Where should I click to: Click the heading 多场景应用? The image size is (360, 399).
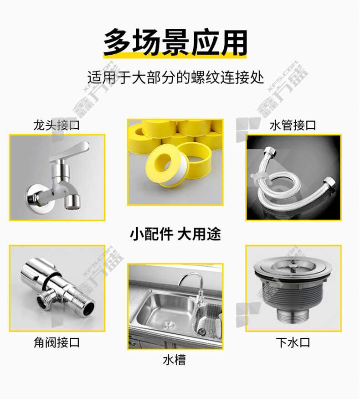pyautogui.click(x=175, y=42)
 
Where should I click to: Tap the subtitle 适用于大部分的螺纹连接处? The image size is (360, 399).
pyautogui.click(x=175, y=78)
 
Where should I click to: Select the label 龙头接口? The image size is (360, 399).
pyautogui.click(x=57, y=125)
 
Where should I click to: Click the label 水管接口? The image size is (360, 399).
pyautogui.click(x=293, y=125)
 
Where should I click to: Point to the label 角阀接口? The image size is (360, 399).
pyautogui.click(x=57, y=342)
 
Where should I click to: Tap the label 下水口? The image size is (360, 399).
pyautogui.click(x=293, y=342)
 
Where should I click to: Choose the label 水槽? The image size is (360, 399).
pyautogui.click(x=175, y=360)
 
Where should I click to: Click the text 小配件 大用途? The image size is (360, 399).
pyautogui.click(x=175, y=234)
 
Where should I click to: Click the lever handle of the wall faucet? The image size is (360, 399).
pyautogui.click(x=69, y=150)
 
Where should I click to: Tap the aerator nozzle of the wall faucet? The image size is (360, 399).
pyautogui.click(x=72, y=201)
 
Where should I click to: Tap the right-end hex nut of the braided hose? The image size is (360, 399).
pyautogui.click(x=329, y=182)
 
